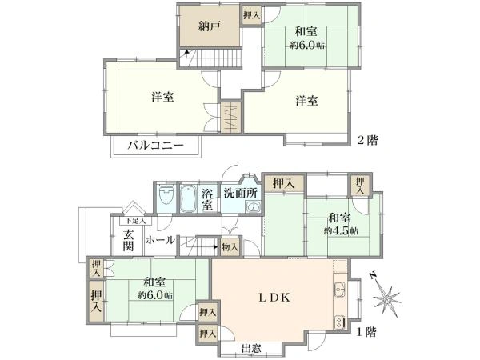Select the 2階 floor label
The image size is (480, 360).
[367, 138]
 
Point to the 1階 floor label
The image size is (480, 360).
[367, 330]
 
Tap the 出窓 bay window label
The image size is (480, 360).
[250, 348]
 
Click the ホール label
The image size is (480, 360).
[161, 239]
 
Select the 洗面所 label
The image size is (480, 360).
[239, 193]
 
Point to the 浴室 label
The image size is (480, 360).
[206, 198]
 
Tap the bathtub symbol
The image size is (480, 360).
[189, 198]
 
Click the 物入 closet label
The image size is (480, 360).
[230, 249]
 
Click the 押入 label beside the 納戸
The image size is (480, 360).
[250, 15]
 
